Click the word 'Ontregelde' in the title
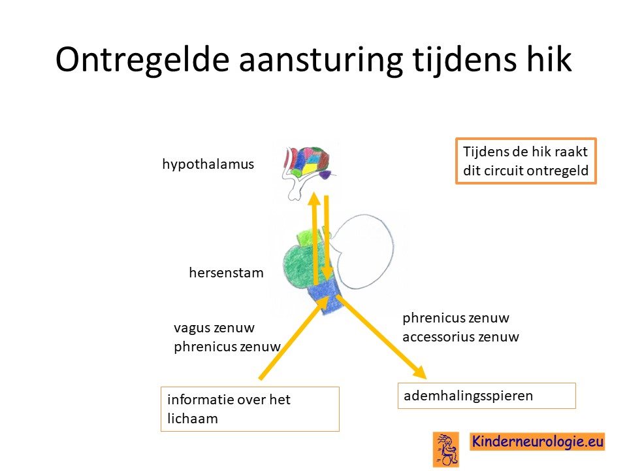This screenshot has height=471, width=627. (142, 60)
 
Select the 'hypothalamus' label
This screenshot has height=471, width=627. (208, 164)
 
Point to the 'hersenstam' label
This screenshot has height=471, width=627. (227, 273)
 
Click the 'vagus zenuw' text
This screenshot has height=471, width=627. (214, 328)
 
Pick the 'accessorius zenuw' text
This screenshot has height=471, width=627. (460, 337)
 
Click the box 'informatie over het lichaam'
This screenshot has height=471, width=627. (250, 409)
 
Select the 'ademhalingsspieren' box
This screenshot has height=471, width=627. (487, 396)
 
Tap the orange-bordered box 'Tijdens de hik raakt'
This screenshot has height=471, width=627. (526, 161)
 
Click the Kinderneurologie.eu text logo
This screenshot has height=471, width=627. (537, 442)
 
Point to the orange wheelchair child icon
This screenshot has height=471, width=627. (446, 449)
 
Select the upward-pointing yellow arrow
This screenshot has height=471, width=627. (315, 238)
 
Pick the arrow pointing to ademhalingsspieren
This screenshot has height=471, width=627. (381, 337)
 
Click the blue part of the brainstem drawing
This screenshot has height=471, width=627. (327, 296)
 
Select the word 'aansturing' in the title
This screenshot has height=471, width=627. (321, 60)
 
